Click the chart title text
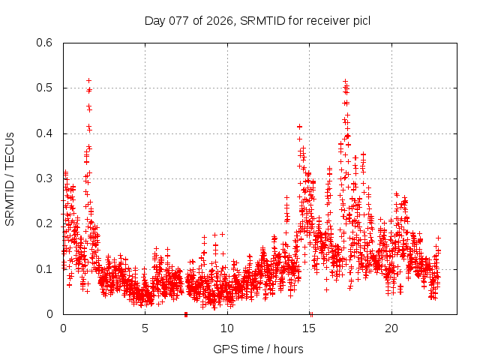(257, 20)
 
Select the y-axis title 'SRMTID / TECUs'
(10, 178)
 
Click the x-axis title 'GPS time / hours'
(258, 349)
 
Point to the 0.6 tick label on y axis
(46, 43)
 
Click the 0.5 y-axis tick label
(46, 88)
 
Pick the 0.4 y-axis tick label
(46, 133)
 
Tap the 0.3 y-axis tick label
(46, 178)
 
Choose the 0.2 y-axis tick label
(46, 223)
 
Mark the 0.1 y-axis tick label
(46, 268)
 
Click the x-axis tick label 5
(145, 328)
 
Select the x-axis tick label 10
(227, 328)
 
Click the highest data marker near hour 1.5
(88, 80)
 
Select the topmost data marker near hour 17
(345, 81)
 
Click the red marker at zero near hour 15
(311, 313)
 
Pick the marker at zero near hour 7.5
(185, 313)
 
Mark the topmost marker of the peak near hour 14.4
(300, 127)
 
